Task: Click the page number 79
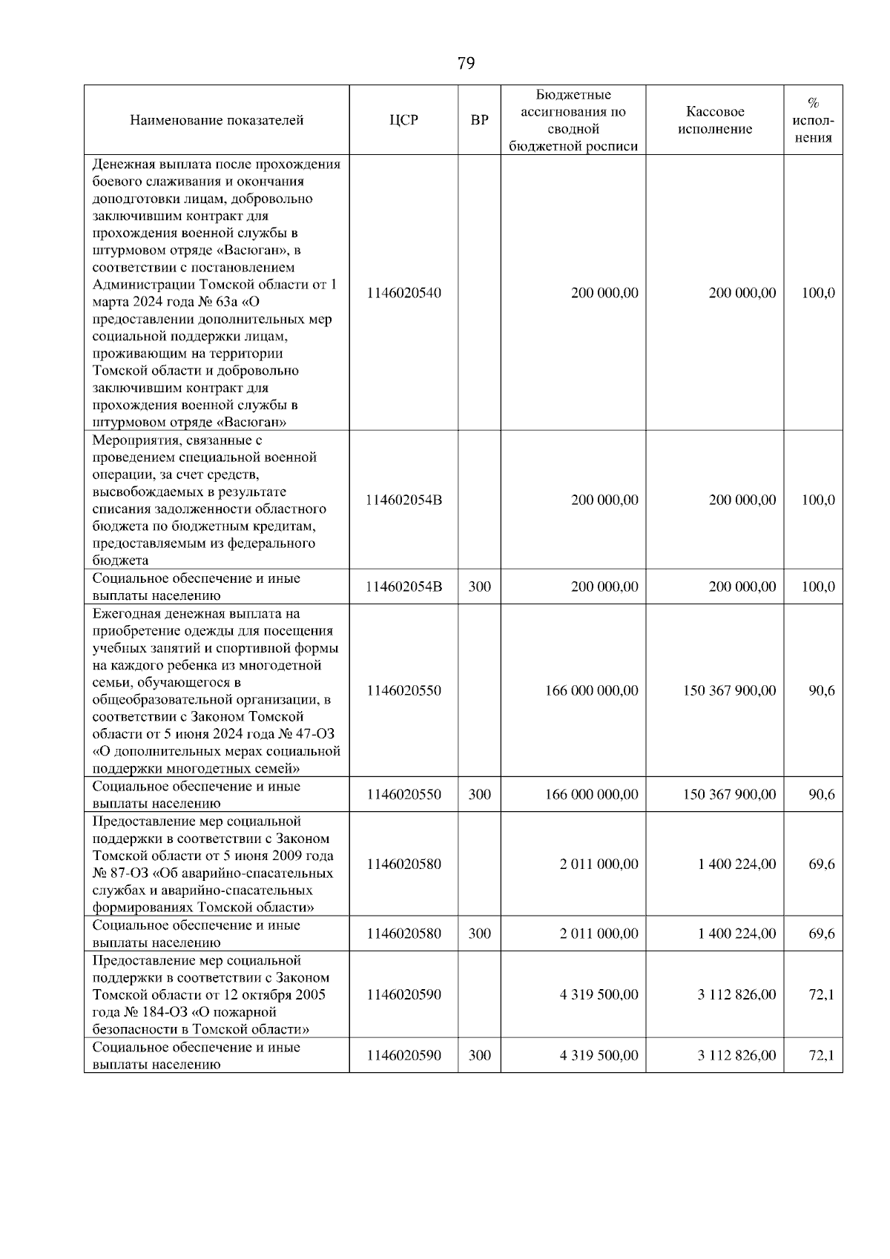(466, 64)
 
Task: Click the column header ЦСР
(403, 120)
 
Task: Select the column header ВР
(480, 120)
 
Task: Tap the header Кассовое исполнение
(714, 120)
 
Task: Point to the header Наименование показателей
(217, 120)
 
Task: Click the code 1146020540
(403, 293)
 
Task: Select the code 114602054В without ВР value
(403, 500)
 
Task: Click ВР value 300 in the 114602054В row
(480, 587)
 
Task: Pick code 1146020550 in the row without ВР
(403, 690)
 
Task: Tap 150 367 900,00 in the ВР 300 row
(729, 795)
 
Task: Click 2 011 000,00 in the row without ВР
(599, 864)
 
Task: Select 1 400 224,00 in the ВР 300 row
(736, 933)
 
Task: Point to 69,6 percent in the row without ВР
(821, 864)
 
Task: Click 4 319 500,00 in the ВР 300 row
(599, 1056)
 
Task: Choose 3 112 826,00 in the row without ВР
(736, 994)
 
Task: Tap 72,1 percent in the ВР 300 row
(821, 1056)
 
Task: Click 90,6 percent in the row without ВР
(821, 690)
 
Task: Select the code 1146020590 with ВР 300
(403, 1056)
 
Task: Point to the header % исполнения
(813, 120)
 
